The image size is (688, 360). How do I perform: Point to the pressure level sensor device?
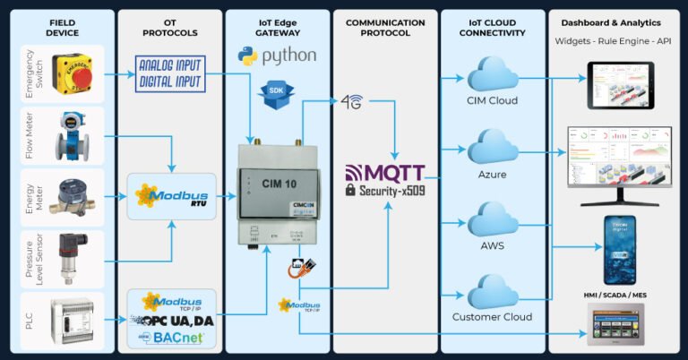[x=72, y=258]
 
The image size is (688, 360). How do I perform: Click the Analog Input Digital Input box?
[x=170, y=73]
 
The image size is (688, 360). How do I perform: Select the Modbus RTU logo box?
[x=171, y=196]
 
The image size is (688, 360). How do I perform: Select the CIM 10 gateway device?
[x=278, y=193]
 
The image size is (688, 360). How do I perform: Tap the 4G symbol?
[x=352, y=101]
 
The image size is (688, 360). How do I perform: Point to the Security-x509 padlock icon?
[x=350, y=190]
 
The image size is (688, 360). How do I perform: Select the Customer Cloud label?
[x=492, y=317]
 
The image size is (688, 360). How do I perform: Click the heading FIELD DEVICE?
[x=63, y=27]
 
